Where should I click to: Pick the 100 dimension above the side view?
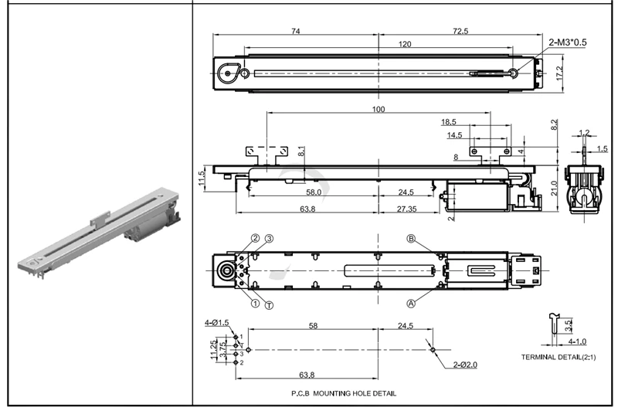pyautogui.click(x=378, y=109)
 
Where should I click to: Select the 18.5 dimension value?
pyautogui.click(x=449, y=122)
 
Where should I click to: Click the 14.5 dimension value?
pyautogui.click(x=454, y=135)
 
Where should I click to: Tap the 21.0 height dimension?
pyautogui.click(x=554, y=186)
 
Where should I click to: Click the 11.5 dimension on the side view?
pyautogui.click(x=202, y=178)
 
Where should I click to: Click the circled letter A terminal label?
pyautogui.click(x=411, y=304)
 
